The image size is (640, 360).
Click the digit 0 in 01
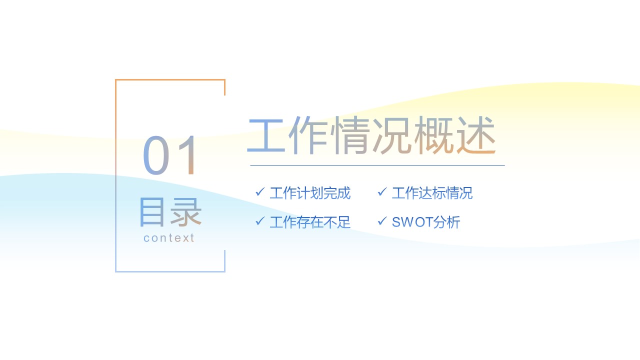tap(157, 155)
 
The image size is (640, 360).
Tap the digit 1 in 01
tap(189, 155)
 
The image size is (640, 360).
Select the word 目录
tap(170, 212)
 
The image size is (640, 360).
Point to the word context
tap(169, 238)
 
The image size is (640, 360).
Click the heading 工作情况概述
tap(371, 135)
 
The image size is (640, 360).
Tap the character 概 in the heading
tap(434, 135)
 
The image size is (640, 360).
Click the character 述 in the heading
tap(475, 135)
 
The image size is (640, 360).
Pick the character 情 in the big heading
tap(351, 135)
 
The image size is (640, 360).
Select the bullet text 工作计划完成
tap(310, 193)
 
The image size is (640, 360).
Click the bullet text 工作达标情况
tap(432, 193)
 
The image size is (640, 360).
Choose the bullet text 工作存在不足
tap(310, 222)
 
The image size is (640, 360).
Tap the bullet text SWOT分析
tap(425, 222)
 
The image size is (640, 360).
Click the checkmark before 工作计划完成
tap(259, 192)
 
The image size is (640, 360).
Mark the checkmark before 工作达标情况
tap(382, 192)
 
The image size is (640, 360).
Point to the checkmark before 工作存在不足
tap(259, 221)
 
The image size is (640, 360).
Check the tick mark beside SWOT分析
tap(382, 221)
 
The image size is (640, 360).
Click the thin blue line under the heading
tap(377, 165)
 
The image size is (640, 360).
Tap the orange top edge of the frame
tap(170, 79)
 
